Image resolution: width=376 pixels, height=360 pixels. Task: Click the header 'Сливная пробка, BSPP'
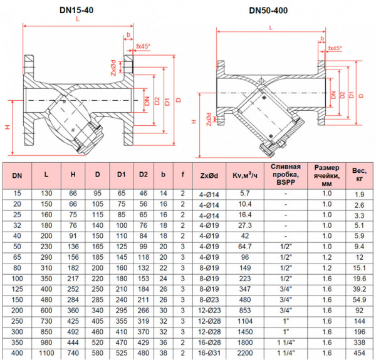pyautogui.click(x=286, y=175)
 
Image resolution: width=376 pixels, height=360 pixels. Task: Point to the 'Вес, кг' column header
pyautogui.click(x=360, y=175)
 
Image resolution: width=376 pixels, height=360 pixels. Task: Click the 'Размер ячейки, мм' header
pyautogui.click(x=327, y=175)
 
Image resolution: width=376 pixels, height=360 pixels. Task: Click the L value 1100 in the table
pyautogui.click(x=47, y=354)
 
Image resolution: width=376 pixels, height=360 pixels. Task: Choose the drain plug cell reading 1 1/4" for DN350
pyautogui.click(x=286, y=344)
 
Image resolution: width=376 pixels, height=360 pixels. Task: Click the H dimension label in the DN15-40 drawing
pyautogui.click(x=8, y=127)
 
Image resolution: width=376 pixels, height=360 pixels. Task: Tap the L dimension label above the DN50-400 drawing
pyautogui.click(x=269, y=28)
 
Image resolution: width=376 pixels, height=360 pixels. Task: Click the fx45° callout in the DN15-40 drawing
pyautogui.click(x=144, y=46)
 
